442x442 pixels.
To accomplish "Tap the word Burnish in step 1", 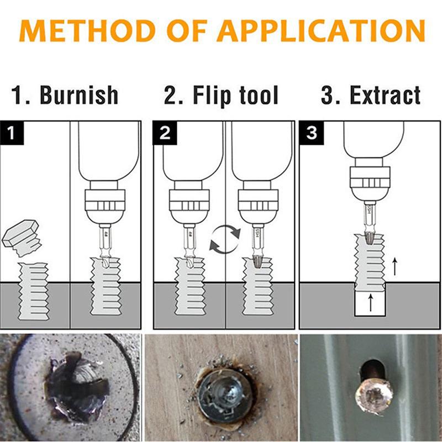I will [79, 95].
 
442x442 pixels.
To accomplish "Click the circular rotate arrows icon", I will [225, 238].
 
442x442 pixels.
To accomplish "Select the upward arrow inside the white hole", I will [370, 302].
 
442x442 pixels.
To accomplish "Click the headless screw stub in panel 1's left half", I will [33, 291].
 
